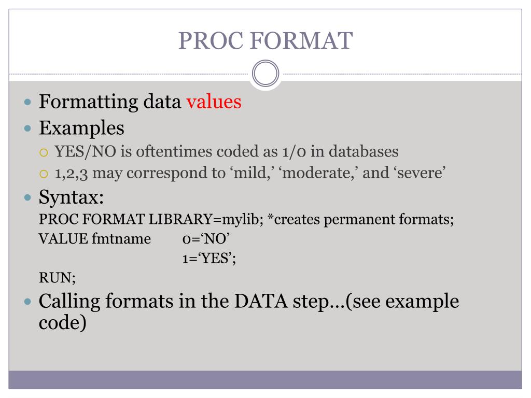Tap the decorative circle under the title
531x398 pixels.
click(x=265, y=74)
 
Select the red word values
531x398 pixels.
click(x=214, y=102)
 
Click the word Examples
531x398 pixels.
click(x=81, y=127)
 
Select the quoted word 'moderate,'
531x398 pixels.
click(x=319, y=173)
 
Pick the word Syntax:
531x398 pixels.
click(x=71, y=197)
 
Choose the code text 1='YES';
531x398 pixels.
click(x=209, y=259)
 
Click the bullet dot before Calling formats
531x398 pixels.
click(x=29, y=302)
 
